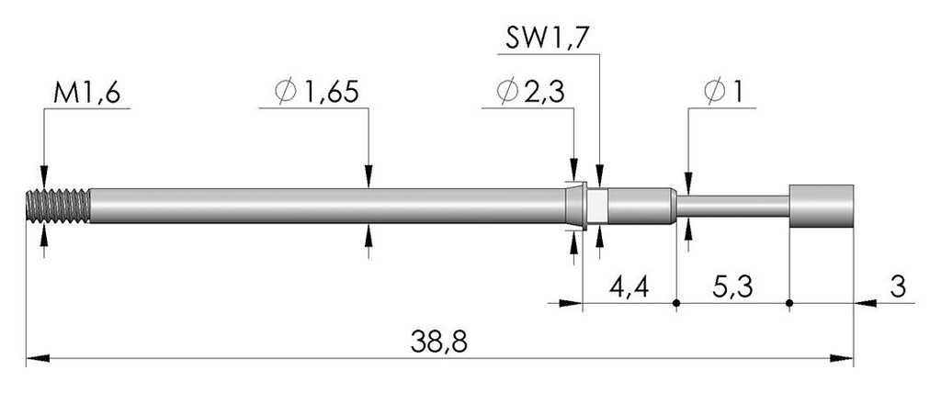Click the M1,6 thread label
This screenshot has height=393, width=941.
tap(87, 93)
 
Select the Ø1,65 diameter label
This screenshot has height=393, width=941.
tap(317, 92)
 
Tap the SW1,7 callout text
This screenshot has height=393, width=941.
tap(547, 40)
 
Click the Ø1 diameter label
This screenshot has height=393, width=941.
tap(723, 92)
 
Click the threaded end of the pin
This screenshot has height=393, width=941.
tap(58, 207)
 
